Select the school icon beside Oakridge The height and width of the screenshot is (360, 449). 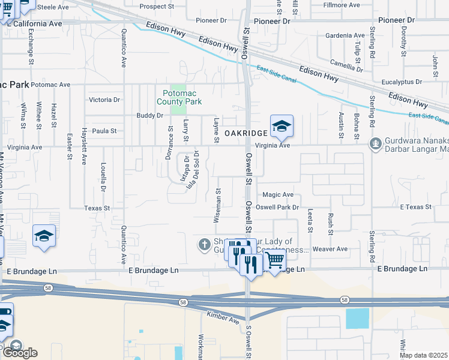(x=282, y=127)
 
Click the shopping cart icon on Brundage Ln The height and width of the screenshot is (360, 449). (x=274, y=260)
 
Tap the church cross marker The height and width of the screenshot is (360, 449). (x=204, y=244)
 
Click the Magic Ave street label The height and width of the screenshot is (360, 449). (x=278, y=194)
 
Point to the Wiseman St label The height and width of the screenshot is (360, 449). (x=218, y=205)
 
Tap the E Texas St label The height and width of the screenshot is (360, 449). (x=416, y=207)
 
